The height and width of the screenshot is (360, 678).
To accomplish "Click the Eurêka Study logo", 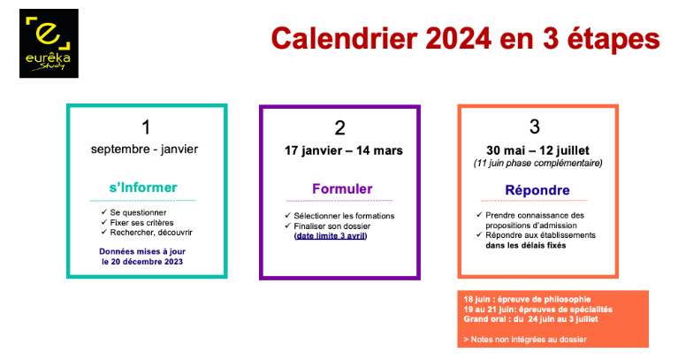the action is (x=49, y=43).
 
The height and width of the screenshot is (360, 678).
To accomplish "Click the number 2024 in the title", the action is (x=459, y=39).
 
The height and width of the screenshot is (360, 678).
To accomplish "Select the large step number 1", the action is (x=146, y=127).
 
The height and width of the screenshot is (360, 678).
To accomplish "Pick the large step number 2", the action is (x=339, y=128).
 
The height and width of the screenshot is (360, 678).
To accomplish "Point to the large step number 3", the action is (x=535, y=126).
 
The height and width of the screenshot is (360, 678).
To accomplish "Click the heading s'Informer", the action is (x=143, y=188).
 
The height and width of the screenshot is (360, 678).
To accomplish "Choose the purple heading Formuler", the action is (x=342, y=188).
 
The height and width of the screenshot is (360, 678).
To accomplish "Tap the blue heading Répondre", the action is (x=537, y=190).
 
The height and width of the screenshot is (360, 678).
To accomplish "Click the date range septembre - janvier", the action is (x=144, y=149).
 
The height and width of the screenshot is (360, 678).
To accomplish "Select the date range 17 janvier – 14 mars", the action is (x=343, y=150).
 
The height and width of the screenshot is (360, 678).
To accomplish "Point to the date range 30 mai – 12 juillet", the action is (x=537, y=150).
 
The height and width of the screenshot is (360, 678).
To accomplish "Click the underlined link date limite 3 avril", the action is (x=331, y=236).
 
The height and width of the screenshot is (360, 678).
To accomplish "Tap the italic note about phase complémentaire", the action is (x=537, y=163).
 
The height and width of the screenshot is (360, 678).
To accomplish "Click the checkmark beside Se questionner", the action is (x=103, y=212).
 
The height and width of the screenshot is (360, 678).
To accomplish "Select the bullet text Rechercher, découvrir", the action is (x=151, y=233).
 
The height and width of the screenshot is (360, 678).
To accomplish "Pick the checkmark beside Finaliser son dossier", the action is (x=287, y=226).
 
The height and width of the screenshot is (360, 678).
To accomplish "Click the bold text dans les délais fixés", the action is (x=525, y=245).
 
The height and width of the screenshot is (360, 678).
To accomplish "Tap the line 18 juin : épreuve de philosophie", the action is (x=527, y=299).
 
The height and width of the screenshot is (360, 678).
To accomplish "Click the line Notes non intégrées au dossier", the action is (x=525, y=340).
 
